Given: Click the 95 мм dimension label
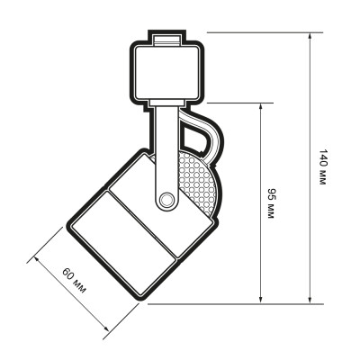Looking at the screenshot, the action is [x=271, y=203].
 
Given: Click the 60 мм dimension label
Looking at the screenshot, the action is [x=74, y=281].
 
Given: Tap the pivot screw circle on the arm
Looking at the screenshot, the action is [x=166, y=199].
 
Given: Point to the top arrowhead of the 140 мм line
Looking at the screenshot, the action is [x=310, y=35].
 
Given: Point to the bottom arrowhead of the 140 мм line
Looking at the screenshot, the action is [x=310, y=301].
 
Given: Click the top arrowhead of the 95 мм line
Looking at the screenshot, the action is [x=261, y=106].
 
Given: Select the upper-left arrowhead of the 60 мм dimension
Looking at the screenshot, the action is [x=37, y=259].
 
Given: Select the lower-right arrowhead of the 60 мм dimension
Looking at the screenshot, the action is [x=105, y=328].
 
